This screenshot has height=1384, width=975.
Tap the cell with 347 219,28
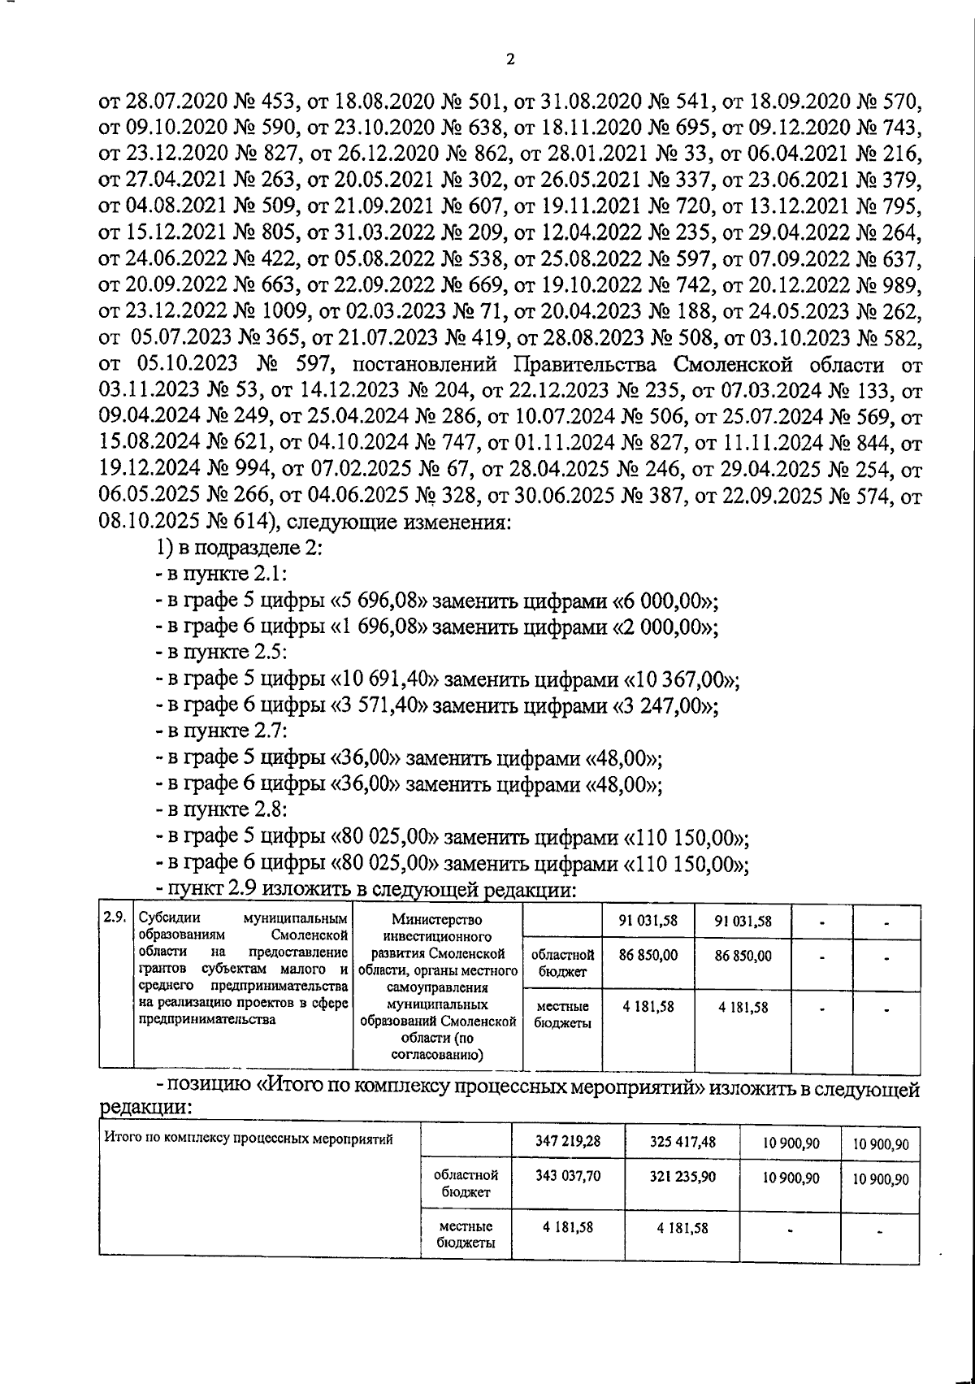[568, 1141]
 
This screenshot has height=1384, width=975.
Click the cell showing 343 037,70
[568, 1175]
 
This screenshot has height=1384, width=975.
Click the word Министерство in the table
[436, 920]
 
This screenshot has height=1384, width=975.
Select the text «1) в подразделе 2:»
[240, 548]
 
